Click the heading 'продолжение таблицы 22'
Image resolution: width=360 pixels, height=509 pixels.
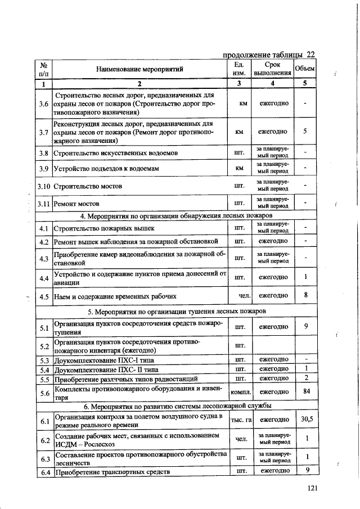tap(268, 55)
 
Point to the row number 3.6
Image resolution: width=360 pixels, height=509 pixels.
tap(43, 104)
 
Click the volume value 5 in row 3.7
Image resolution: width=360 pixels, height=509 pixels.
tap(304, 132)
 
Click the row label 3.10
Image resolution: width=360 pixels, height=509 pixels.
tap(44, 186)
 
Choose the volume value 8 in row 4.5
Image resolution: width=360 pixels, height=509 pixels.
tap(304, 296)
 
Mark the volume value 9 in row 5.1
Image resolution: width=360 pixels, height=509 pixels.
tap(304, 327)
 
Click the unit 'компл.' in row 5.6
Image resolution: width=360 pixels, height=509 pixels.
tap(241, 391)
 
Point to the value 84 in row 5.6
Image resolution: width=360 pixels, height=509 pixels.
tap(304, 391)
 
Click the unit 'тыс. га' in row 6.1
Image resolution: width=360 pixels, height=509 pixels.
tap(241, 420)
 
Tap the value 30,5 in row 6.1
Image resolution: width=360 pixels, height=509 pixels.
tap(304, 420)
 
